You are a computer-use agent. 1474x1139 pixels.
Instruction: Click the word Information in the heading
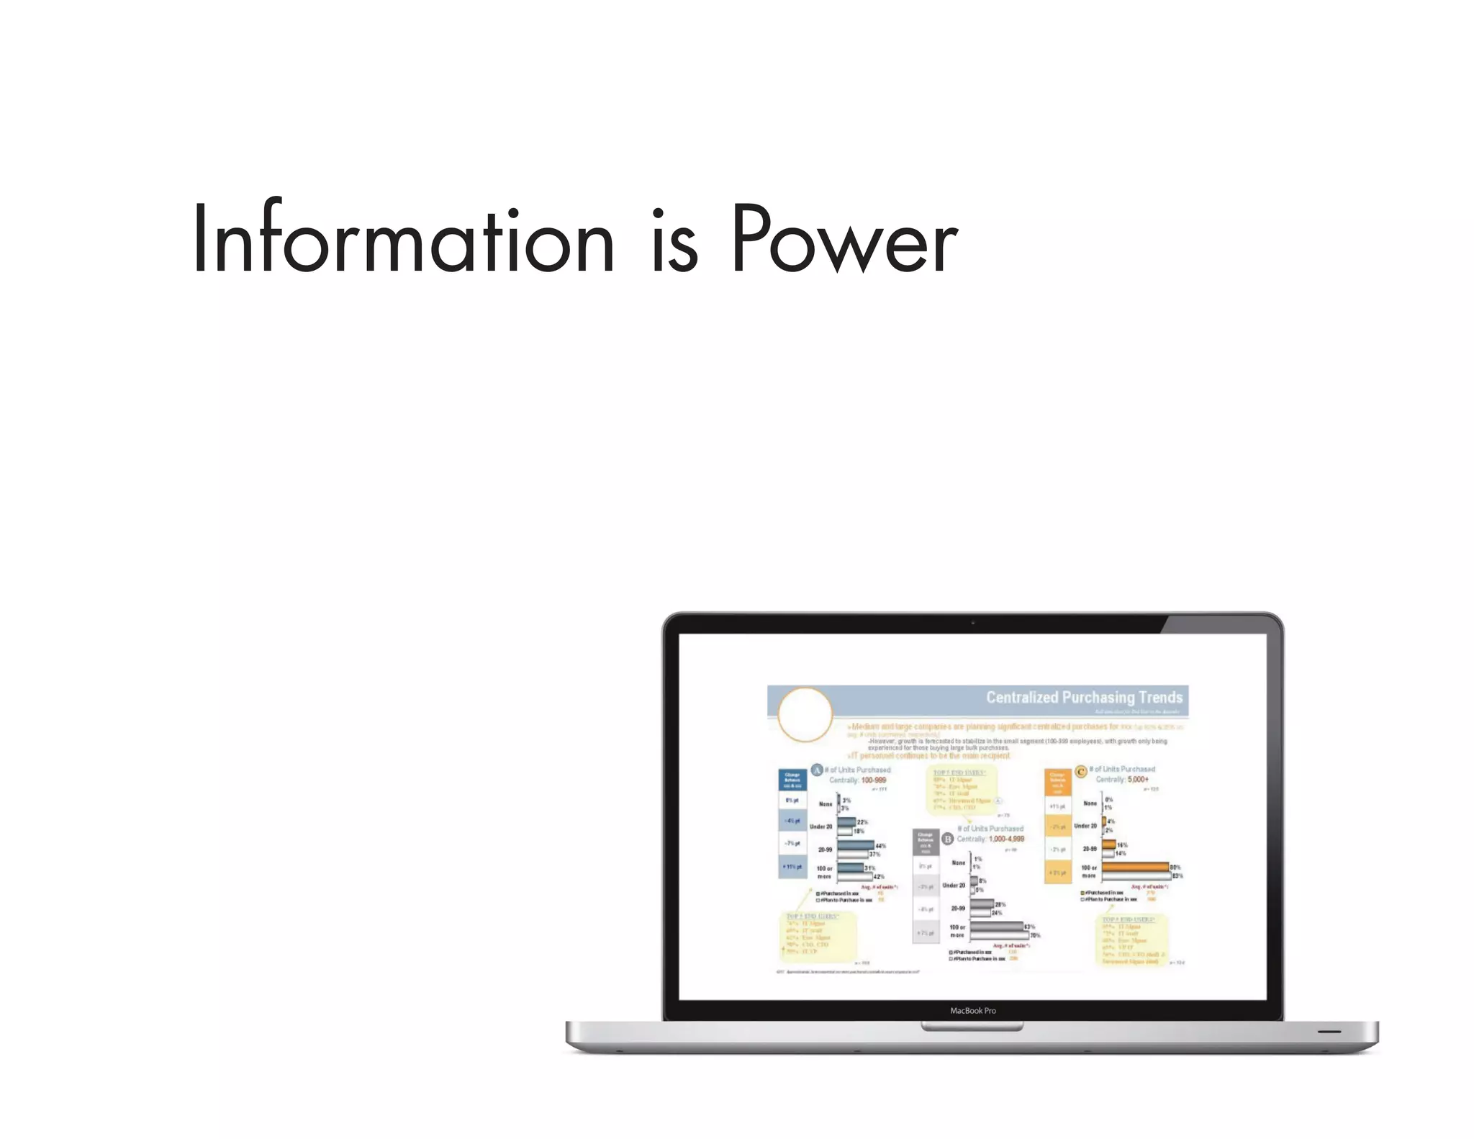403,239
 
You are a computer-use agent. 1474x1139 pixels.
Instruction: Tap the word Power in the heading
844,239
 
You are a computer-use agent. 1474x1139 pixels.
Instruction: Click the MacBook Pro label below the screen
972,1011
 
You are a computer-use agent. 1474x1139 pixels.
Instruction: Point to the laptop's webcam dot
972,623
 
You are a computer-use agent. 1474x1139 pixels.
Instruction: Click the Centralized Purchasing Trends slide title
1084,697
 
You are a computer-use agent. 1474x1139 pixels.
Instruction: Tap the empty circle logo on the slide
805,714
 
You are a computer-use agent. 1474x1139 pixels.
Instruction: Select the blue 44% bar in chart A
856,845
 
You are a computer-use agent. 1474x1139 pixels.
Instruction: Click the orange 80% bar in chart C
1135,867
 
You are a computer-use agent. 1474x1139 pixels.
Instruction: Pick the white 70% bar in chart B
1000,935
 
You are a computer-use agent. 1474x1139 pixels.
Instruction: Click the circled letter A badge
817,770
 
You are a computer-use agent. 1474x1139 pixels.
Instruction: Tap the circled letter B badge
948,839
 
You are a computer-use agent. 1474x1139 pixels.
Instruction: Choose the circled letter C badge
1080,771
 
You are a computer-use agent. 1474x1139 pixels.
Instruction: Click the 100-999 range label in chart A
874,780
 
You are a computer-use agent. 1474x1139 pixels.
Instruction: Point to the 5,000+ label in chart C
1138,779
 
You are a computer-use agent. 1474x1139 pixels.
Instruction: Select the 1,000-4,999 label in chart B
1006,839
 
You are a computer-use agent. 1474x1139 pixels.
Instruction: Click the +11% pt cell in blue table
792,867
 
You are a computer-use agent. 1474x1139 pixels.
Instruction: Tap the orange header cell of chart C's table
1057,780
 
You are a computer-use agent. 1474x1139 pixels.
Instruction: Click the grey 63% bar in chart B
997,927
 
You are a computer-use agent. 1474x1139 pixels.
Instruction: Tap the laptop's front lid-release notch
972,1027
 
